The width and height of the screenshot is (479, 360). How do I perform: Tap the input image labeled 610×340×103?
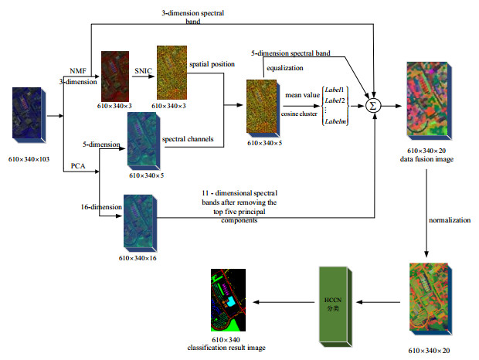point(30,117)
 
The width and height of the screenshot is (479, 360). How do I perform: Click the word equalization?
point(285,68)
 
